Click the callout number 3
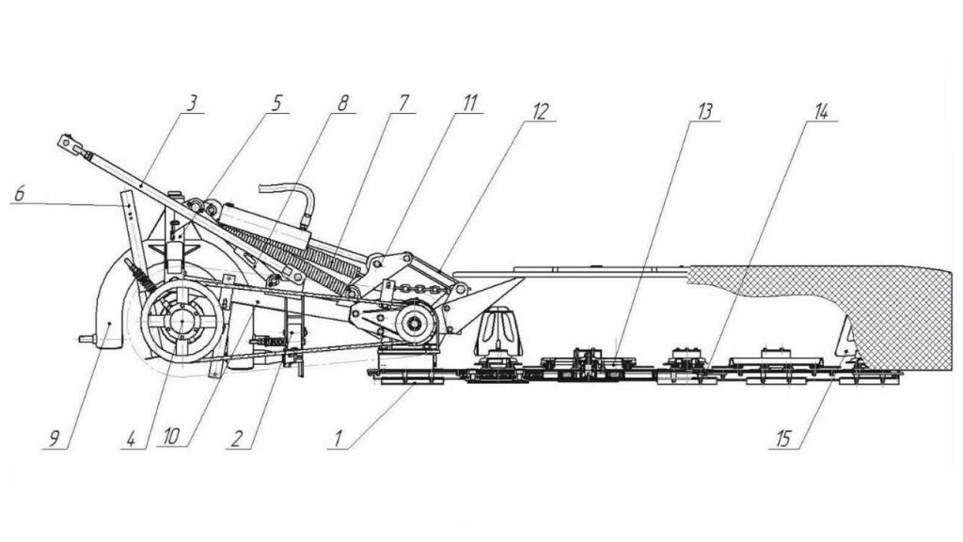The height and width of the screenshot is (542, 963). point(192,103)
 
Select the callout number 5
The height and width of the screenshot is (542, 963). point(276,103)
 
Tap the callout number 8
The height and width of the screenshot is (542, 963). point(342,103)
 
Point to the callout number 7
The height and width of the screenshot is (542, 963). point(403,103)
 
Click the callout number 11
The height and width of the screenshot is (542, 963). point(469,103)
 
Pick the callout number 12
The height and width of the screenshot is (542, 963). point(539,111)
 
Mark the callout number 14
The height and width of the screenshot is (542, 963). point(821,111)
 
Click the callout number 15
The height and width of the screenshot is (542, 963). point(783,438)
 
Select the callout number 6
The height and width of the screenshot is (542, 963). point(19,194)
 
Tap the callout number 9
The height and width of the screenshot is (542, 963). point(54,438)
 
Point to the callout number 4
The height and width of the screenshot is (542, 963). point(130,438)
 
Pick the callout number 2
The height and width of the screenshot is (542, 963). point(237,438)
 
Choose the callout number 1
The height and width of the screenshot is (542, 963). point(338,438)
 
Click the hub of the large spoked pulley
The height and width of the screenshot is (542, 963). point(182,322)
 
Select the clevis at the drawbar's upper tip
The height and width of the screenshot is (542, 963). point(70,144)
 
